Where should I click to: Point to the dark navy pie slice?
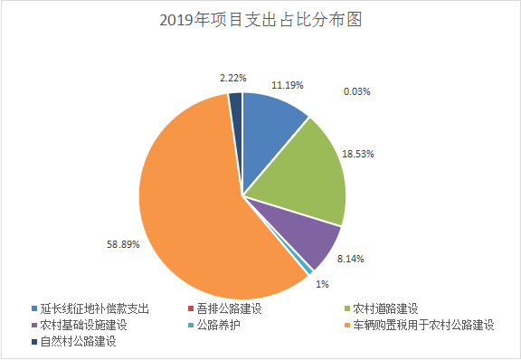pos(236,104)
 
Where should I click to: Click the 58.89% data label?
pos(123,243)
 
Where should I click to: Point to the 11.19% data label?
pos(287,85)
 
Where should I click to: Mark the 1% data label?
pos(322,284)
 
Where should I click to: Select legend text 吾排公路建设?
pos(230,308)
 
